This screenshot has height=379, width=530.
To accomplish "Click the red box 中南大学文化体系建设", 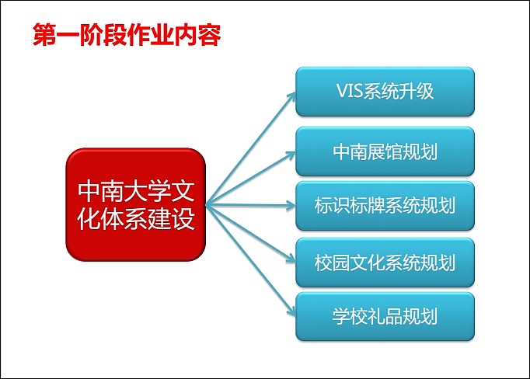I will click(x=136, y=205).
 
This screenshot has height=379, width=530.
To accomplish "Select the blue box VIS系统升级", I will click(x=385, y=92).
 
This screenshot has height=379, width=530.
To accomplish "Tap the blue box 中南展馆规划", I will click(x=385, y=151).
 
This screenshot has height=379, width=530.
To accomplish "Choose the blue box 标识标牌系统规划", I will click(x=385, y=206).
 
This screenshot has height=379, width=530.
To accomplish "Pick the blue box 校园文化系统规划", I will click(x=385, y=262).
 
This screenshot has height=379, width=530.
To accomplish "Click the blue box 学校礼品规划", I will click(x=385, y=316).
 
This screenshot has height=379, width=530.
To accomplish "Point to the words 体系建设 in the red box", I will click(x=145, y=219).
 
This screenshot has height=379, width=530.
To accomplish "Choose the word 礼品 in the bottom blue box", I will click(x=385, y=316).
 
